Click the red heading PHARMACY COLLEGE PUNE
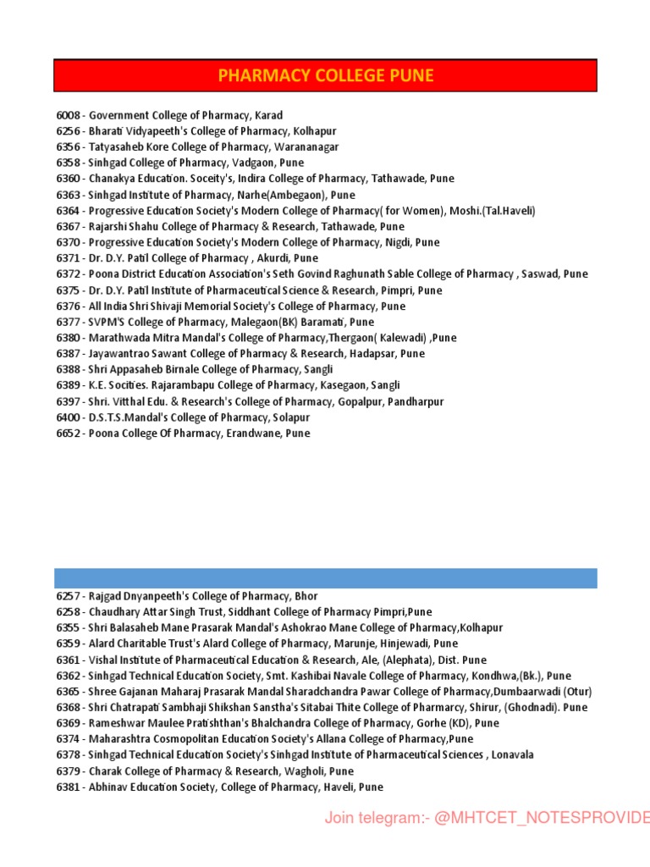click(x=326, y=75)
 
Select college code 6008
click(x=69, y=115)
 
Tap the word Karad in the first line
click(x=268, y=115)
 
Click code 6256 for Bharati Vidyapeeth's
click(x=69, y=131)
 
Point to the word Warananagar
click(x=304, y=147)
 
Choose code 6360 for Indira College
click(x=69, y=179)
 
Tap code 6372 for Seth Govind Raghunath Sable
click(x=69, y=274)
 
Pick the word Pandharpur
click(x=413, y=402)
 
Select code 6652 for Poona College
click(x=69, y=433)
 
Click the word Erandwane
click(x=258, y=433)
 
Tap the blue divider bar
click(x=326, y=578)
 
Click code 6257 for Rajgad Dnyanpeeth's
click(x=69, y=597)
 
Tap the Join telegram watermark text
click(x=487, y=818)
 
